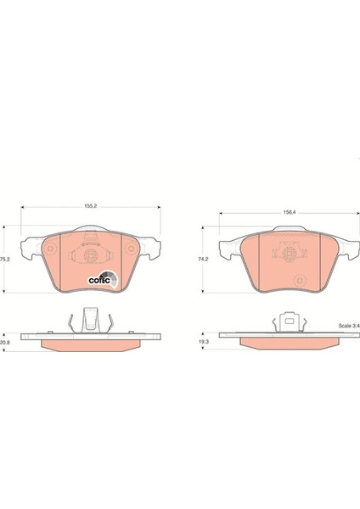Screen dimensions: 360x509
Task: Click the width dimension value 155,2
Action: [91, 206]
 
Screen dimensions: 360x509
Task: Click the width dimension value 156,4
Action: [290, 212]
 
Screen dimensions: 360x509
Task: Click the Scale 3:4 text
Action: [349, 326]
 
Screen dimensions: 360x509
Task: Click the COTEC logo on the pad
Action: [104, 280]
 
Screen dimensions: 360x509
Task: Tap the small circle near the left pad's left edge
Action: [50, 249]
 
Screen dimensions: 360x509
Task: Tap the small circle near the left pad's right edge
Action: [131, 249]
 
